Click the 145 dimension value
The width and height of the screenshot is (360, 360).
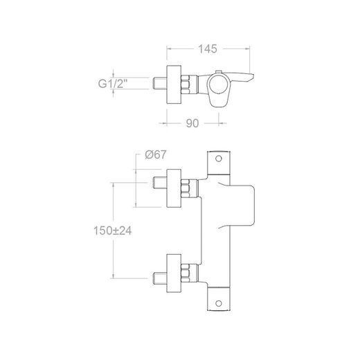coord(208,49)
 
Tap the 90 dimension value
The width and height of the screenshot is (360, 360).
coord(192,123)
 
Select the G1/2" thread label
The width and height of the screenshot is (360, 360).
coord(113,84)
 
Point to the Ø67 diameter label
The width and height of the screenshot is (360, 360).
coord(156,154)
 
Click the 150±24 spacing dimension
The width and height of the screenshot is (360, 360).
coord(113,231)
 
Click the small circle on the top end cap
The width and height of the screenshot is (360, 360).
coord(218,159)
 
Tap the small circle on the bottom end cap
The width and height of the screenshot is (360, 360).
coord(218,303)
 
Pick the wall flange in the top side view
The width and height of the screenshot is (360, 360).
coord(174,84)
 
